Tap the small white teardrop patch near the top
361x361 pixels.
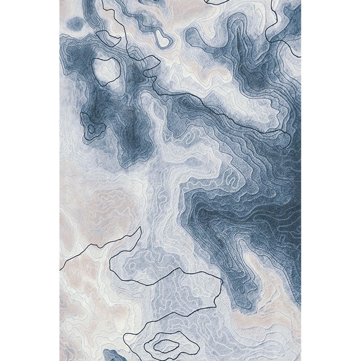coord(162,40)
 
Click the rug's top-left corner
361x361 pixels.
coord(60,0)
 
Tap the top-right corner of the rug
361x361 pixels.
coord(301,0)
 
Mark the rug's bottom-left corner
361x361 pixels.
coord(60,361)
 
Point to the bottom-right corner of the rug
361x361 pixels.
coord(301,361)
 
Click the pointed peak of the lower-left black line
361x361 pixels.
coord(139,228)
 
